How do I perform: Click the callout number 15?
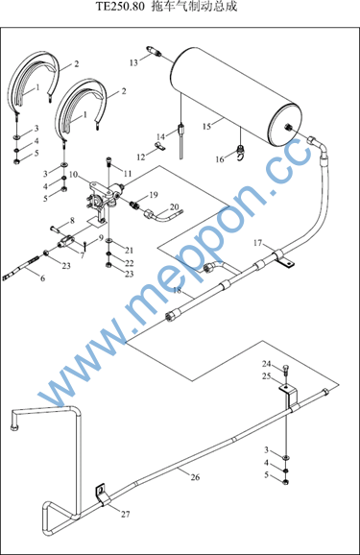coord(207,126)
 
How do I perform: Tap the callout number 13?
coord(133,63)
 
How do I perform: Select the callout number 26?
coord(195,477)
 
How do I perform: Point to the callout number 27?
coord(126,514)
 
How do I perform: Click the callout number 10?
coord(73,175)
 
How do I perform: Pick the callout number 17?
coord(257,243)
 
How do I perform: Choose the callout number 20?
coord(175,207)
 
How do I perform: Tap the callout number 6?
coord(43,278)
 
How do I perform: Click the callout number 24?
coord(266,364)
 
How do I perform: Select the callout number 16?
coord(220,159)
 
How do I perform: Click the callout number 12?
coord(141,157)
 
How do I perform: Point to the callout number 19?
coord(154,195)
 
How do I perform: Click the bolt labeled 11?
coord(108,163)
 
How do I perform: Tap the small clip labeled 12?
coord(159,146)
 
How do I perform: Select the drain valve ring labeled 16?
coord(241,152)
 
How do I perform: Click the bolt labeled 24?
coord(286,370)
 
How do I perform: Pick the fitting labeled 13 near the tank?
coord(154,51)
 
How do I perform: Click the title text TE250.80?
coord(121,7)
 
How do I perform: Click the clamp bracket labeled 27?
coord(102,495)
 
